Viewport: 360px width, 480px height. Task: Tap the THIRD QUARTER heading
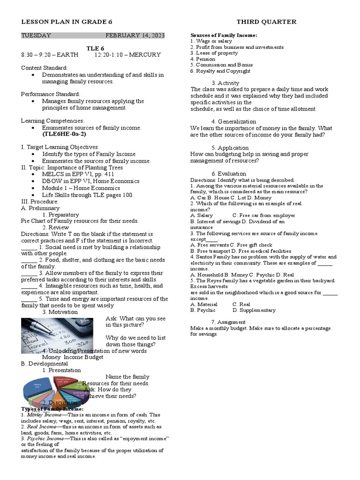click(x=266, y=22)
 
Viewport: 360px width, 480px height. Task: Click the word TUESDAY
click(x=36, y=35)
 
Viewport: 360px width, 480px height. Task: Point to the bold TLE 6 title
click(x=96, y=48)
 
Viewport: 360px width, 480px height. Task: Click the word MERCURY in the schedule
click(x=144, y=55)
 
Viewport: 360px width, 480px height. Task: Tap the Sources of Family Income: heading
click(x=224, y=36)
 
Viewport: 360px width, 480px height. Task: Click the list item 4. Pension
click(x=203, y=59)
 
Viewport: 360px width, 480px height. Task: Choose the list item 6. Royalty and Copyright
click(x=220, y=71)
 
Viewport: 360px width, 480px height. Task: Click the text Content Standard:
click(x=45, y=68)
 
